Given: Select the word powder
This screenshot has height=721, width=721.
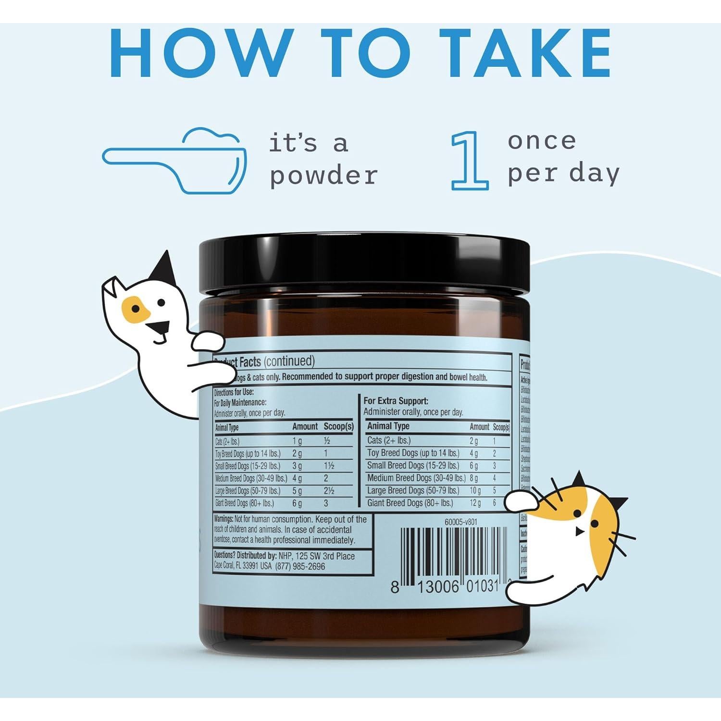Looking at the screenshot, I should click(323, 175).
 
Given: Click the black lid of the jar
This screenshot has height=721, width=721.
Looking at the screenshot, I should click(364, 267).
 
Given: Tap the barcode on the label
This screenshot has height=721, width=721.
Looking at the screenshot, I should click(453, 553).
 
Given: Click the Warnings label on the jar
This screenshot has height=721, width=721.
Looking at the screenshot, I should click(223, 519).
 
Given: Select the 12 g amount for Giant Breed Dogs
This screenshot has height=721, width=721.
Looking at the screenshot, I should click(475, 503).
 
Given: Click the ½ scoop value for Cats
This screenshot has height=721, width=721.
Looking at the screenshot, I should click(327, 441).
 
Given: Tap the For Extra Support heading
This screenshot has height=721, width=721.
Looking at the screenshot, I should click(396, 400).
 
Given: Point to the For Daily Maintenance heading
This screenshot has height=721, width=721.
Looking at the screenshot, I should click(240, 402).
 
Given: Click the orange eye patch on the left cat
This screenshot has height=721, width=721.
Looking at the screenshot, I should click(135, 309).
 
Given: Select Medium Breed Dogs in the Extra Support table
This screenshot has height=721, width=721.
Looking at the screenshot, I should click(416, 478).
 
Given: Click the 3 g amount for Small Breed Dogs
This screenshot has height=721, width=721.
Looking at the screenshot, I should click(297, 466).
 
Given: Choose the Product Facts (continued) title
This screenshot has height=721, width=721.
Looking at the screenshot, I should click(264, 361).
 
